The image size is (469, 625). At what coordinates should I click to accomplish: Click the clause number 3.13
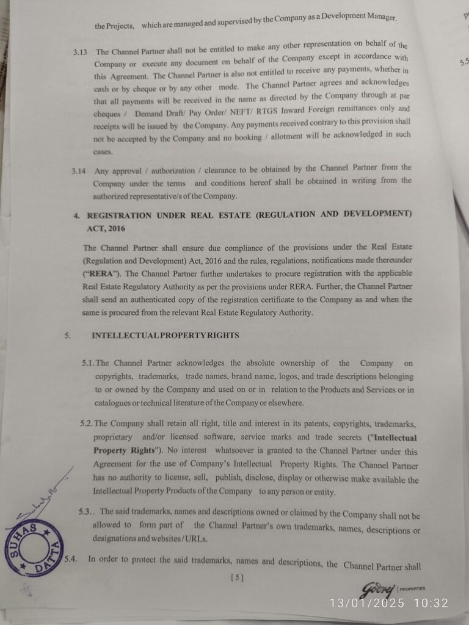tap(79, 52)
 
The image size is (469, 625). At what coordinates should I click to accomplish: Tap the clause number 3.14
tap(79, 170)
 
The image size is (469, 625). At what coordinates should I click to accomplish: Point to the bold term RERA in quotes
tap(100, 273)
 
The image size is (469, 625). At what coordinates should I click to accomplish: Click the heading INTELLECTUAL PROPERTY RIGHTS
tap(165, 336)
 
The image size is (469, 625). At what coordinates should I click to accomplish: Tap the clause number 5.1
tap(87, 363)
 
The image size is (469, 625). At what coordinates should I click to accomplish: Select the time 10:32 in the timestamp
tap(432, 604)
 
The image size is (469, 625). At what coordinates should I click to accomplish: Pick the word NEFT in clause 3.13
tap(231, 111)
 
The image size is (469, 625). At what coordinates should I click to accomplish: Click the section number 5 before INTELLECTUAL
tap(68, 336)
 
